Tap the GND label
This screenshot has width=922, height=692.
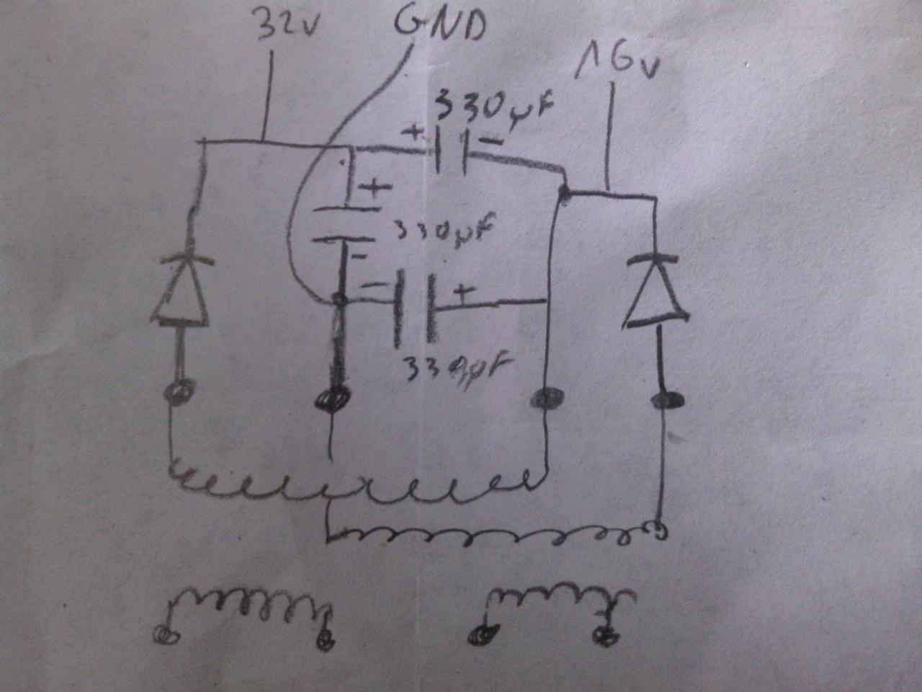[439, 25]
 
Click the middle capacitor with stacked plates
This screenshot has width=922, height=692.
[344, 223]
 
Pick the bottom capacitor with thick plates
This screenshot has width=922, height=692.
[413, 306]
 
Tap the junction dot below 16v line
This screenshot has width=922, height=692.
[564, 192]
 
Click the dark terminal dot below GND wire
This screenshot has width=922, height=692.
[334, 398]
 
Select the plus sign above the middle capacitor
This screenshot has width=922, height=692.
[374, 190]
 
